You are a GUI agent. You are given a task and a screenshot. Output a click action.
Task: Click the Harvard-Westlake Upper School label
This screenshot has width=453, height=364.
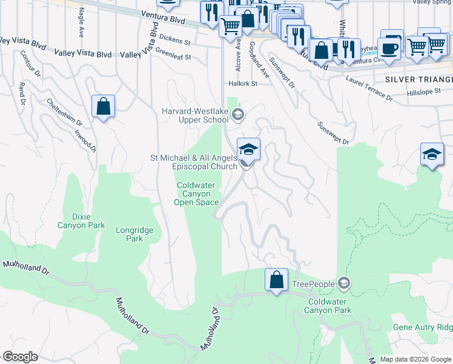point(195,115)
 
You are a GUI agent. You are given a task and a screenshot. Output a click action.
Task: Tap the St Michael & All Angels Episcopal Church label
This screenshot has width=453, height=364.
point(194,162)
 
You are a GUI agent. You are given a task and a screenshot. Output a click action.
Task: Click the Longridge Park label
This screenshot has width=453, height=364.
point(134,234)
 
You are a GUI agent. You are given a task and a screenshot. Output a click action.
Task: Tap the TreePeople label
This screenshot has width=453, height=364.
point(313,284)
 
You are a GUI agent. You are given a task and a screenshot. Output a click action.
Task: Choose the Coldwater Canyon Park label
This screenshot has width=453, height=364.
point(329,306)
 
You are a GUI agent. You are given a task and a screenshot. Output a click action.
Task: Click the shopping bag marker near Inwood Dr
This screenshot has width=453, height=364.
point(104,106)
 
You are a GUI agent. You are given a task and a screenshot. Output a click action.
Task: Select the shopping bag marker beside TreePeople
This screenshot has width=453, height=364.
point(276,280)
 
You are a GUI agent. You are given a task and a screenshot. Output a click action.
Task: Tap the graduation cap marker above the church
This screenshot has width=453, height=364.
point(248,149)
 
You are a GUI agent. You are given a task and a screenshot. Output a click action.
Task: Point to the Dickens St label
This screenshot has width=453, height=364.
point(175,43)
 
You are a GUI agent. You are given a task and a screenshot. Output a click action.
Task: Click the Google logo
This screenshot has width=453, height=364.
point(20,357)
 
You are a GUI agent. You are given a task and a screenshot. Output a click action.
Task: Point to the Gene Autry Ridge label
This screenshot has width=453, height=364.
point(423,327)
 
